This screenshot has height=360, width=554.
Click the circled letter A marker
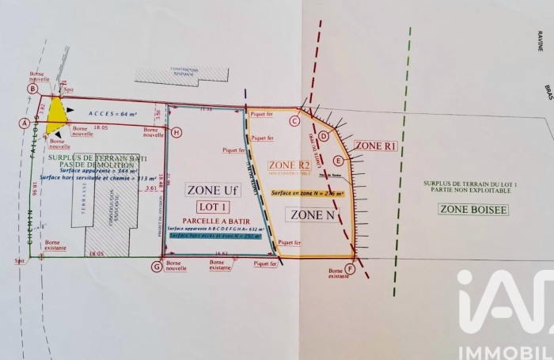[x=25, y=123]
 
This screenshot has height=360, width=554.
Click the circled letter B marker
[x=33, y=89]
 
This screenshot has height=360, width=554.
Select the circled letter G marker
[x=157, y=267]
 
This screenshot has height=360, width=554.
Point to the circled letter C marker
[x=294, y=121]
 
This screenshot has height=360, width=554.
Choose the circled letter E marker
[x=338, y=161]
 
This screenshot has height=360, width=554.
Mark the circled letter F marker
[x=350, y=268]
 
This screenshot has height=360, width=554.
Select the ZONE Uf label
[x=211, y=189]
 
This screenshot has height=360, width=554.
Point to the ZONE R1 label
[x=374, y=146]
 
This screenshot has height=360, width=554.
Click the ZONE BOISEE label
[x=473, y=209]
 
